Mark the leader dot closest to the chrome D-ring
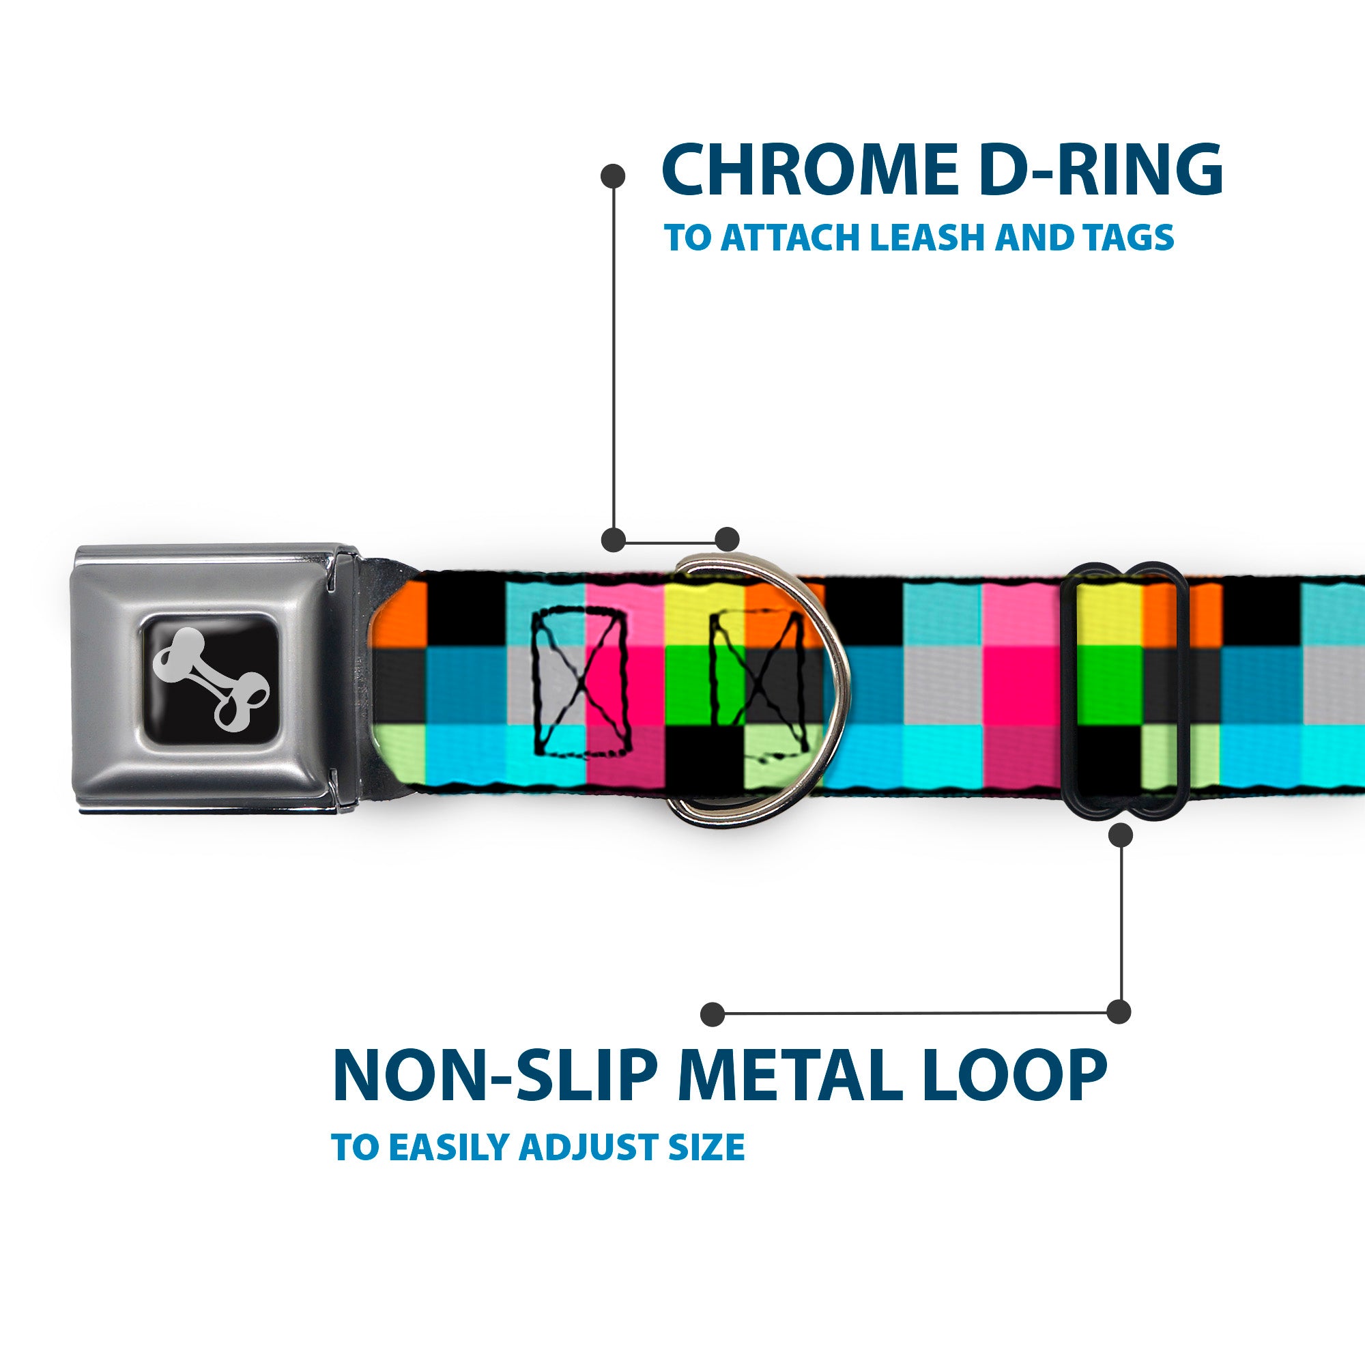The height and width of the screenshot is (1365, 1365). pos(727,539)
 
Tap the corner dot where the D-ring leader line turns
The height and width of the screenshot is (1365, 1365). pos(614,539)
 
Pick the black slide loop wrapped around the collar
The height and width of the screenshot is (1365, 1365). pos(1125,689)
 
